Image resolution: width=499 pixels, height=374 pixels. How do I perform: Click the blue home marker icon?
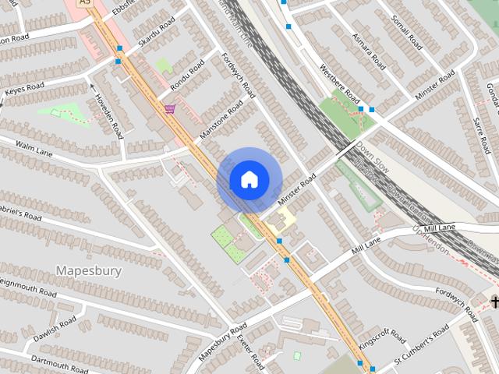(249, 179)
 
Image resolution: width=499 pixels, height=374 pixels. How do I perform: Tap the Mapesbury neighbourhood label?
(88, 270)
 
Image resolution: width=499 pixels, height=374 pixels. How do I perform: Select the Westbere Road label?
(340, 83)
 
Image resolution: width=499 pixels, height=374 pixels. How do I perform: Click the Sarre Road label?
(481, 132)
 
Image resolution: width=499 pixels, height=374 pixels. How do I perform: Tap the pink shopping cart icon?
(170, 109)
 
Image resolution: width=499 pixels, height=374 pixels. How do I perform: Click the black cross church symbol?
(494, 301)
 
